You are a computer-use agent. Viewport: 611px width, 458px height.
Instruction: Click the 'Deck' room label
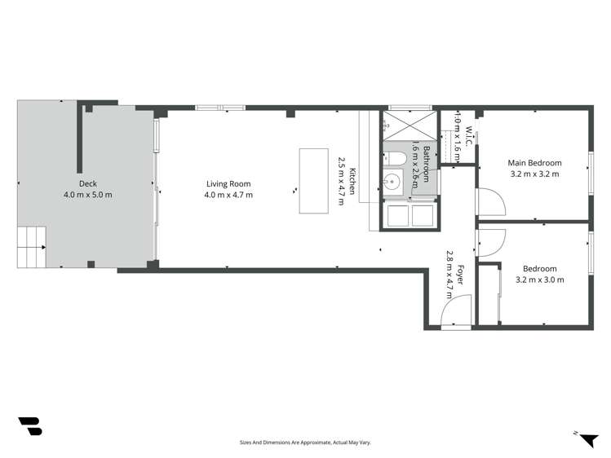click(87, 183)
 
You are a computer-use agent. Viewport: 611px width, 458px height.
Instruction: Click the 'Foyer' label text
click(460, 275)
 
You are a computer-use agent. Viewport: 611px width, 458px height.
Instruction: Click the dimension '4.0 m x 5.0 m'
click(87, 196)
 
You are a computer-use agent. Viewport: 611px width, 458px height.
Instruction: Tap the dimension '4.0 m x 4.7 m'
click(228, 196)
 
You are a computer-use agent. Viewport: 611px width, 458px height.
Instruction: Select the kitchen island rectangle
click(313, 180)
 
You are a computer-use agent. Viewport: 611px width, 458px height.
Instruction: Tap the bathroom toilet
click(396, 156)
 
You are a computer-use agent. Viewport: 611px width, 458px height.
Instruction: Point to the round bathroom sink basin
click(392, 183)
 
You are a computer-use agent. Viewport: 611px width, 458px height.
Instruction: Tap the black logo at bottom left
click(30, 426)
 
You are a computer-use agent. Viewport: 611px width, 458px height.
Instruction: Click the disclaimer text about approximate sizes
click(305, 443)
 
